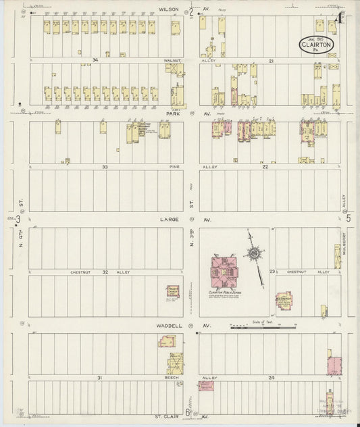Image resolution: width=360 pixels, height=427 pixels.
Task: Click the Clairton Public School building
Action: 227,272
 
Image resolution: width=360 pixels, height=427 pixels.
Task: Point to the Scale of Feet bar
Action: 263,327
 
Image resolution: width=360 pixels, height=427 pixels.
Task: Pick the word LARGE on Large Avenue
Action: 169,219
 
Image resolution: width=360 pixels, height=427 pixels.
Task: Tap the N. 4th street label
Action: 21,238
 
